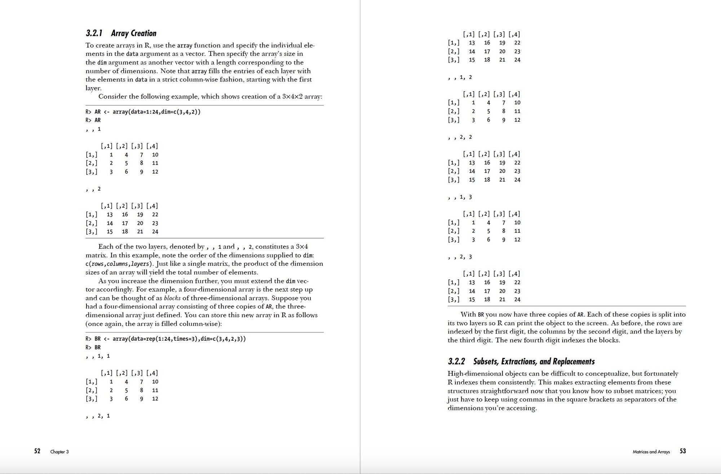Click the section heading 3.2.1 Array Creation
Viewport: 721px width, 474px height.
[121, 34]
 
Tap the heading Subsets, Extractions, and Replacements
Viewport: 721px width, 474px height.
[534, 362]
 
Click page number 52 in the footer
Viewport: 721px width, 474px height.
[37, 451]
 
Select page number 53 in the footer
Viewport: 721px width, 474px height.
[683, 451]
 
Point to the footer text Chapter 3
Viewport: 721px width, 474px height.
[59, 452]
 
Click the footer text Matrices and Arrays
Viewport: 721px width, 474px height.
[651, 452]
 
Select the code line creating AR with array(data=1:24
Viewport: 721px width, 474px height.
[143, 112]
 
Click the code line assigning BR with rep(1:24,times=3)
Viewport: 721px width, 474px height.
[165, 339]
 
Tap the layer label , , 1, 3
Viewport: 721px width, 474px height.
[460, 197]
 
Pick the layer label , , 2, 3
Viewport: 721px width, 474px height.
[460, 257]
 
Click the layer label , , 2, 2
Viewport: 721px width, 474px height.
[460, 137]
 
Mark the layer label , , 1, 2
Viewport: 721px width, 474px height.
[460, 77]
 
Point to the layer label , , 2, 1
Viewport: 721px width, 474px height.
[98, 416]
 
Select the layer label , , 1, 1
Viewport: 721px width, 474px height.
[98, 356]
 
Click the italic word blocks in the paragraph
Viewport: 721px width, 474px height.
[172, 298]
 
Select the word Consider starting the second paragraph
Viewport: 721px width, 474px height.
[112, 97]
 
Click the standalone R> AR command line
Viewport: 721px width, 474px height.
[93, 120]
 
